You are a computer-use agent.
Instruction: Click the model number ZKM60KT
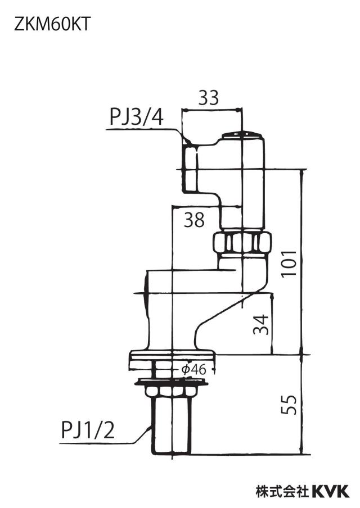pyautogui.click(x=52, y=24)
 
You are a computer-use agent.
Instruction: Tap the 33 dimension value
pyautogui.click(x=209, y=98)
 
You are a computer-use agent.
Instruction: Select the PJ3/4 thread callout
pyautogui.click(x=137, y=117)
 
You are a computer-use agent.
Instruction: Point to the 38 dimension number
pyautogui.click(x=194, y=220)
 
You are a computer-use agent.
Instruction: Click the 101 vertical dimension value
pyautogui.click(x=289, y=263)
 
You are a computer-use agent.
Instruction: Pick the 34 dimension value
pyautogui.click(x=261, y=325)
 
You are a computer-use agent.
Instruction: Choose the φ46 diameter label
pyautogui.click(x=194, y=369)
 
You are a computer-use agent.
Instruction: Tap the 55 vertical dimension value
pyautogui.click(x=289, y=405)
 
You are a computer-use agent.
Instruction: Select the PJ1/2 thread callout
pyautogui.click(x=88, y=430)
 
